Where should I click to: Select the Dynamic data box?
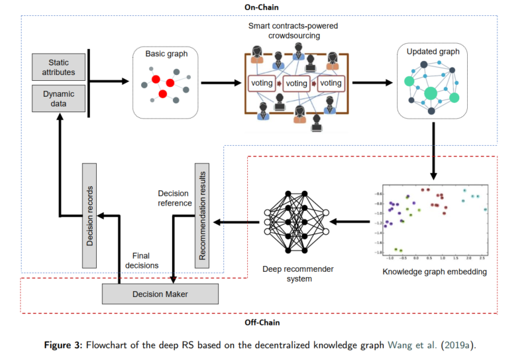click(x=59, y=98)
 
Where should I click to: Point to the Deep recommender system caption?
click(x=296, y=274)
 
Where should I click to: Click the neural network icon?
click(x=296, y=220)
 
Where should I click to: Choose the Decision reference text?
click(x=175, y=198)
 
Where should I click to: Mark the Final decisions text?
click(x=144, y=260)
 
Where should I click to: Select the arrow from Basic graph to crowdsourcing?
click(x=219, y=83)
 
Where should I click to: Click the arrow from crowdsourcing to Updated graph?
click(x=372, y=83)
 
